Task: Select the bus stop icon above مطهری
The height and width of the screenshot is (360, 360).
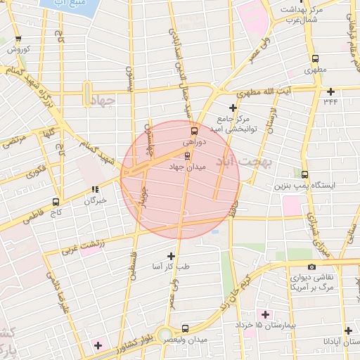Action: point(314,59)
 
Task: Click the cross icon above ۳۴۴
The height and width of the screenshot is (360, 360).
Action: point(330,90)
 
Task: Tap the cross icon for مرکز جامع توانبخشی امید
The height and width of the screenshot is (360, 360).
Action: point(233,107)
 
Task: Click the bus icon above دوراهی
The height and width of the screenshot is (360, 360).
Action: point(194,130)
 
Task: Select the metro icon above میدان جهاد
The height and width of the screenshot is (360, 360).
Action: point(187,156)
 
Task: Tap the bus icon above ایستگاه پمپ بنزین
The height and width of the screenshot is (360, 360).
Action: point(304,174)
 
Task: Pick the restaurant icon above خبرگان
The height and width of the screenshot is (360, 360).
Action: point(94,189)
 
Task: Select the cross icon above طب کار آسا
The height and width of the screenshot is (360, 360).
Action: point(171,256)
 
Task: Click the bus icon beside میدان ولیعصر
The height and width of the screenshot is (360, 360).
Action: point(185,328)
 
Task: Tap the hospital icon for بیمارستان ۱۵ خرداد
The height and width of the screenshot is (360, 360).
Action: point(265,314)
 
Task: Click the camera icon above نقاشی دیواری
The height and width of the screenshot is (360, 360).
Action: point(311,266)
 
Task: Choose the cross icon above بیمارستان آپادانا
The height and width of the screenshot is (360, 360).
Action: point(348,330)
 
